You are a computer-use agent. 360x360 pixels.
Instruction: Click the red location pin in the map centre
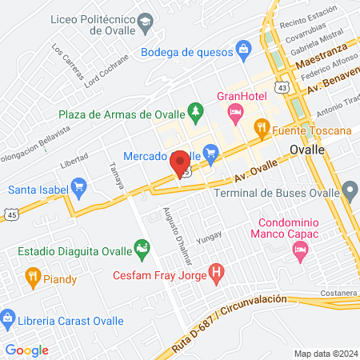180,163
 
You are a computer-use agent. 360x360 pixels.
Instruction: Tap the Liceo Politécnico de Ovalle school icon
146,25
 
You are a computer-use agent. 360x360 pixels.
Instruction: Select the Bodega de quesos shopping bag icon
243,53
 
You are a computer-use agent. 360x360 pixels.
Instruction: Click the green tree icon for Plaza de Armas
194,109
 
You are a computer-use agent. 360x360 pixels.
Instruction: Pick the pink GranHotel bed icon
235,114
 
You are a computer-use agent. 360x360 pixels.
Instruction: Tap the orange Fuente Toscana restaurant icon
260,127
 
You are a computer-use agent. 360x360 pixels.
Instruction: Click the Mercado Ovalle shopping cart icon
210,151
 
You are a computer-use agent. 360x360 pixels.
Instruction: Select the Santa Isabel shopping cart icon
78,189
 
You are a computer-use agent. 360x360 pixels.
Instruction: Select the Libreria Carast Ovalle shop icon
8,319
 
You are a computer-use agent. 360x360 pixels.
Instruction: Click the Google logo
27,350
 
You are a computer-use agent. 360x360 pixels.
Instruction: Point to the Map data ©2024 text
325,353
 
